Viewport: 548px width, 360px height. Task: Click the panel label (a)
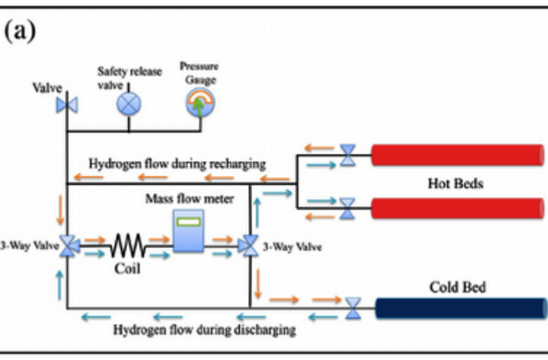(20, 32)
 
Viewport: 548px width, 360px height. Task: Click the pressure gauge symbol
(200, 102)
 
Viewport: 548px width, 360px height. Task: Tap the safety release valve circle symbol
(129, 103)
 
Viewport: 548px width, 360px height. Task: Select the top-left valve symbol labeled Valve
(67, 105)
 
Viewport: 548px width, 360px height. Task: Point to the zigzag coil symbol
(128, 245)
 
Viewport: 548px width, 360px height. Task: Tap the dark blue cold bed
(461, 308)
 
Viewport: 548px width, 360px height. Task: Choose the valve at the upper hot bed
(347, 155)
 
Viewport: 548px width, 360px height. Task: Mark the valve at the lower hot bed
(347, 208)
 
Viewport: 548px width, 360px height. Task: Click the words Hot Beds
(455, 183)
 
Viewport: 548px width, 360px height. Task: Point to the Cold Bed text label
(457, 287)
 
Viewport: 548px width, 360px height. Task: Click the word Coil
(128, 268)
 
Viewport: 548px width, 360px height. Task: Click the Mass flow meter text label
(190, 199)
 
